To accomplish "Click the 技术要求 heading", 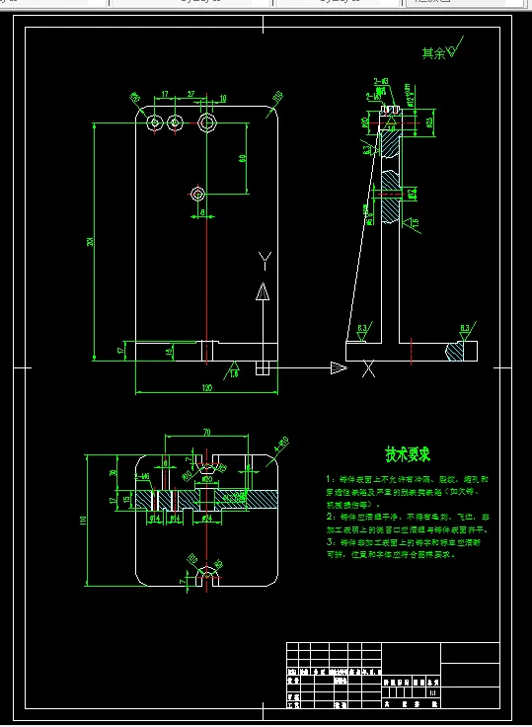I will (x=407, y=454).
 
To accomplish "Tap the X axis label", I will (x=368, y=370).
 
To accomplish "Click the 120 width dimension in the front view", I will (x=206, y=388).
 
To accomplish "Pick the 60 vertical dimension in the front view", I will (x=242, y=158).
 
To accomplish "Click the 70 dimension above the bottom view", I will (x=206, y=433).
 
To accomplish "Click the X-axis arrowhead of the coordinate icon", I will (x=338, y=368).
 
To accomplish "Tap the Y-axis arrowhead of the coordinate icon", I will (x=263, y=290).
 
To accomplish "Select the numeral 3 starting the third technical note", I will (x=329, y=542).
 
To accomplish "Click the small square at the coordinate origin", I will (x=263, y=367).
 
